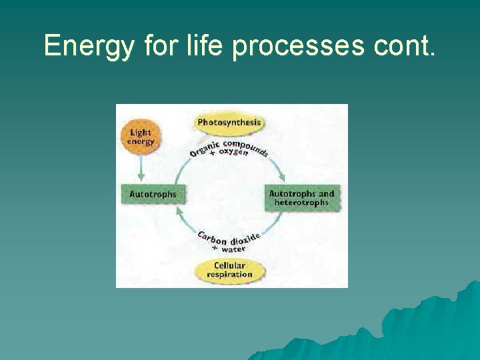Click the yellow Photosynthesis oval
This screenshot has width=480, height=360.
pyautogui.click(x=229, y=123)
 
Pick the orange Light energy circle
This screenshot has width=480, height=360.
pyautogui.click(x=141, y=137)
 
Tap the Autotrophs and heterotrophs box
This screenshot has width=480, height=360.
pyautogui.click(x=301, y=197)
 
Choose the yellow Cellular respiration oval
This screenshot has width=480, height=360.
pyautogui.click(x=229, y=270)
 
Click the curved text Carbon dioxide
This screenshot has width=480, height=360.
pyautogui.click(x=228, y=238)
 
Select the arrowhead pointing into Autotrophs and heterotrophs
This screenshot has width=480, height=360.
pyautogui.click(x=283, y=177)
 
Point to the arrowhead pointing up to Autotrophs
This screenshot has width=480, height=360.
pyautogui.click(x=178, y=211)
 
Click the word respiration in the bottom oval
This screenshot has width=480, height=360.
pyautogui.click(x=229, y=274)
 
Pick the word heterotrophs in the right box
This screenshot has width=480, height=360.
pyautogui.click(x=301, y=203)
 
